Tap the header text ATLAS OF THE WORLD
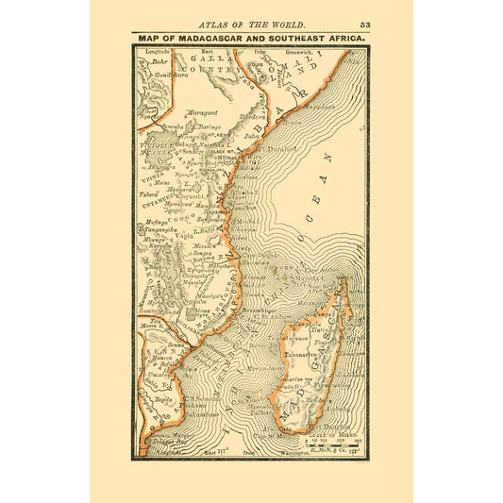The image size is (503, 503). [x=250, y=24]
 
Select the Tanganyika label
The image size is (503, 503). [x=161, y=226]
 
